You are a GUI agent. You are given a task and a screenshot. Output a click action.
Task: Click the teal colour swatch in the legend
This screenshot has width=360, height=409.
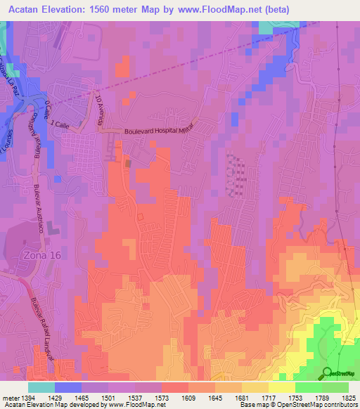coord(41,387)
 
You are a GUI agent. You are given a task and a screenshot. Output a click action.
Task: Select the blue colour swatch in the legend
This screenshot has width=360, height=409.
coord(67,387)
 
